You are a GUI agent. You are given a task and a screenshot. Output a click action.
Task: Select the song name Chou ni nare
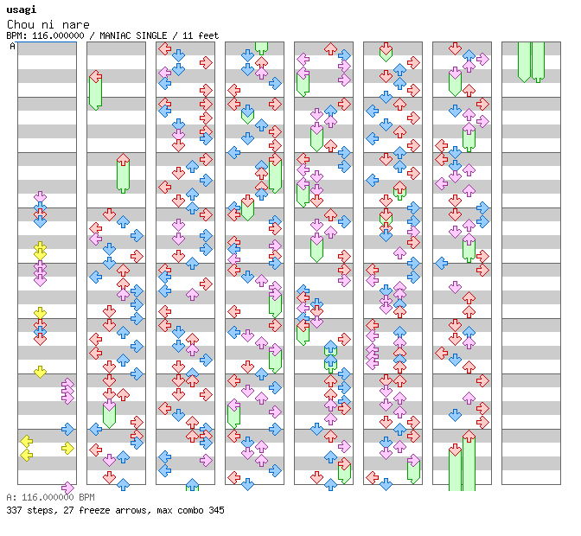click(x=48, y=24)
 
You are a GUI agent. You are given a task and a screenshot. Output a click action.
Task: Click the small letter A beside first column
click(x=13, y=47)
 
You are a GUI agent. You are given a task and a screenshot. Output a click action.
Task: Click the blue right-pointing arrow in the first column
click(x=67, y=429)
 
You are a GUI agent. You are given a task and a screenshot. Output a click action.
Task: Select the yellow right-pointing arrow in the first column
click(x=67, y=447)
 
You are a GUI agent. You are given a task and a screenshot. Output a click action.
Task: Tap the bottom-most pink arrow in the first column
click(x=67, y=488)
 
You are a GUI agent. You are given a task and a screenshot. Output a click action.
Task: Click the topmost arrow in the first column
click(x=40, y=198)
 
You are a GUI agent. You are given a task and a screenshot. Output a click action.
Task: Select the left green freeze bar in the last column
click(x=524, y=61)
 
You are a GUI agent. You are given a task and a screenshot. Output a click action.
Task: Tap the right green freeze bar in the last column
click(x=538, y=61)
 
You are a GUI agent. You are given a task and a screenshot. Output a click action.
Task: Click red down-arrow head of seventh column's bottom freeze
click(x=455, y=450)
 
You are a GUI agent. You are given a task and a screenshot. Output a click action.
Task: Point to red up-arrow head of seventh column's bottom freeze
click(x=469, y=437)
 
